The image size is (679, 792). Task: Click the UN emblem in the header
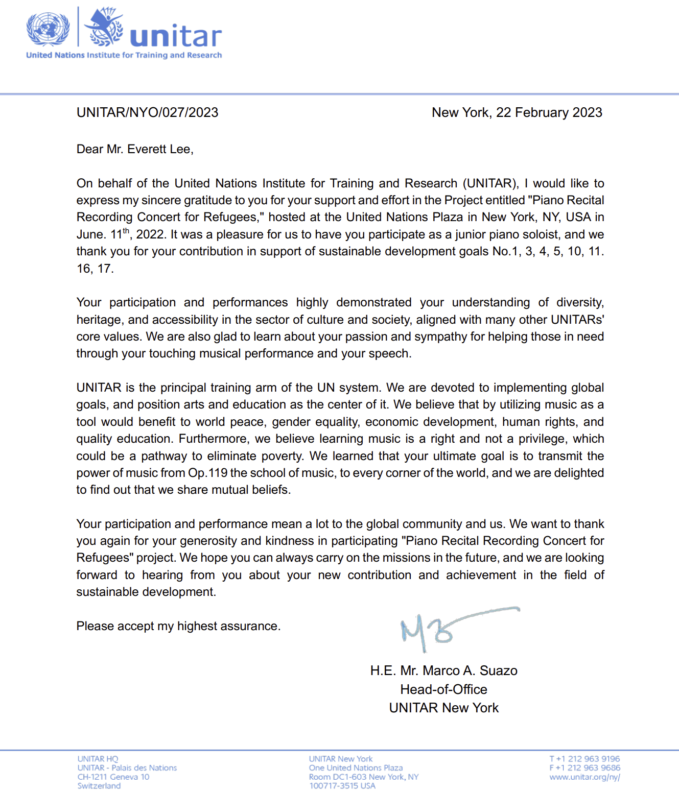point(48,29)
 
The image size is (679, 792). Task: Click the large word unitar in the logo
point(176,36)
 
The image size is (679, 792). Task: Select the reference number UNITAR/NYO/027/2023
point(147,112)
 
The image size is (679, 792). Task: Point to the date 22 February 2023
point(549,112)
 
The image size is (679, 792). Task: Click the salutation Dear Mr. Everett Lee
point(135,149)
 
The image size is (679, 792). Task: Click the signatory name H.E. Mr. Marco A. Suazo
point(443,670)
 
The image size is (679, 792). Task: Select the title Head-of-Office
point(443,689)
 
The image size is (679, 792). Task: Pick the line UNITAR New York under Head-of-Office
point(443,708)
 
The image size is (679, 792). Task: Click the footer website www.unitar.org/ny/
point(584,777)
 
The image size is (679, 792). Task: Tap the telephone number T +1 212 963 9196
point(584,759)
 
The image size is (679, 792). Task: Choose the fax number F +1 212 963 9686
point(584,767)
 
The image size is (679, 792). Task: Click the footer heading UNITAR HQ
point(98,759)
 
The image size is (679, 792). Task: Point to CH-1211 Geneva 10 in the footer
point(113,777)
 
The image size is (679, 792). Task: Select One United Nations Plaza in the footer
point(356,767)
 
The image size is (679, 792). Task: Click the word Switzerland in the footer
point(99,785)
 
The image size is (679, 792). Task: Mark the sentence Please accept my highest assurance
point(178,626)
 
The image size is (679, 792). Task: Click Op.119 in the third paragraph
point(207,473)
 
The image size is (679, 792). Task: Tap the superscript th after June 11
point(126,231)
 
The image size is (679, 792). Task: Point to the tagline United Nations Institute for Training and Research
point(124,55)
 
